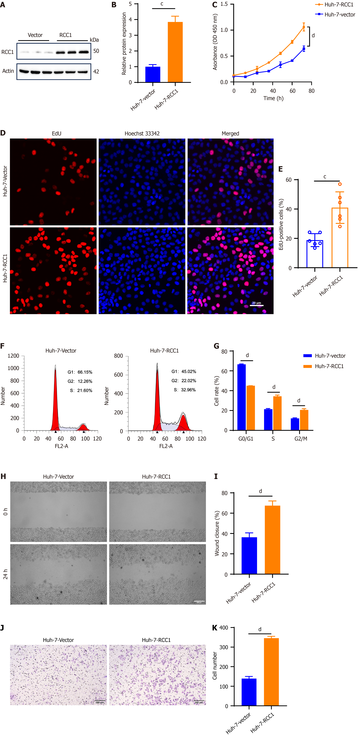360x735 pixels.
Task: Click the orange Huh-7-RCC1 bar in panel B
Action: click(175, 52)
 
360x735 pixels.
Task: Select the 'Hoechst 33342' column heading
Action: click(142, 134)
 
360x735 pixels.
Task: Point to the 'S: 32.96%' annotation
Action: click(185, 390)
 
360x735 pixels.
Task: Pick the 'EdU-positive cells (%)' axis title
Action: click(281, 225)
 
